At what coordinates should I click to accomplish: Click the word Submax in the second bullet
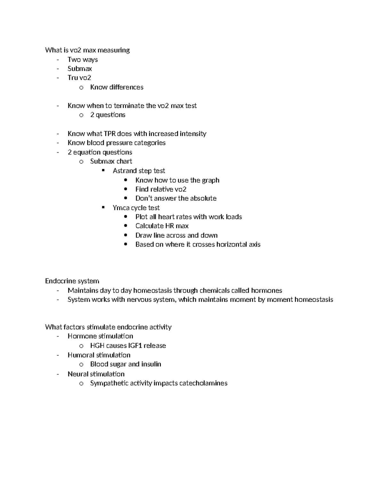point(80,69)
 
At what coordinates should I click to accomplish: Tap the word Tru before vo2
point(73,78)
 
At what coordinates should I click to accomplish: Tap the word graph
point(211,180)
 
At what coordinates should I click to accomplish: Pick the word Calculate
point(149,226)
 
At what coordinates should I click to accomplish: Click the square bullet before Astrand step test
point(103,171)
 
